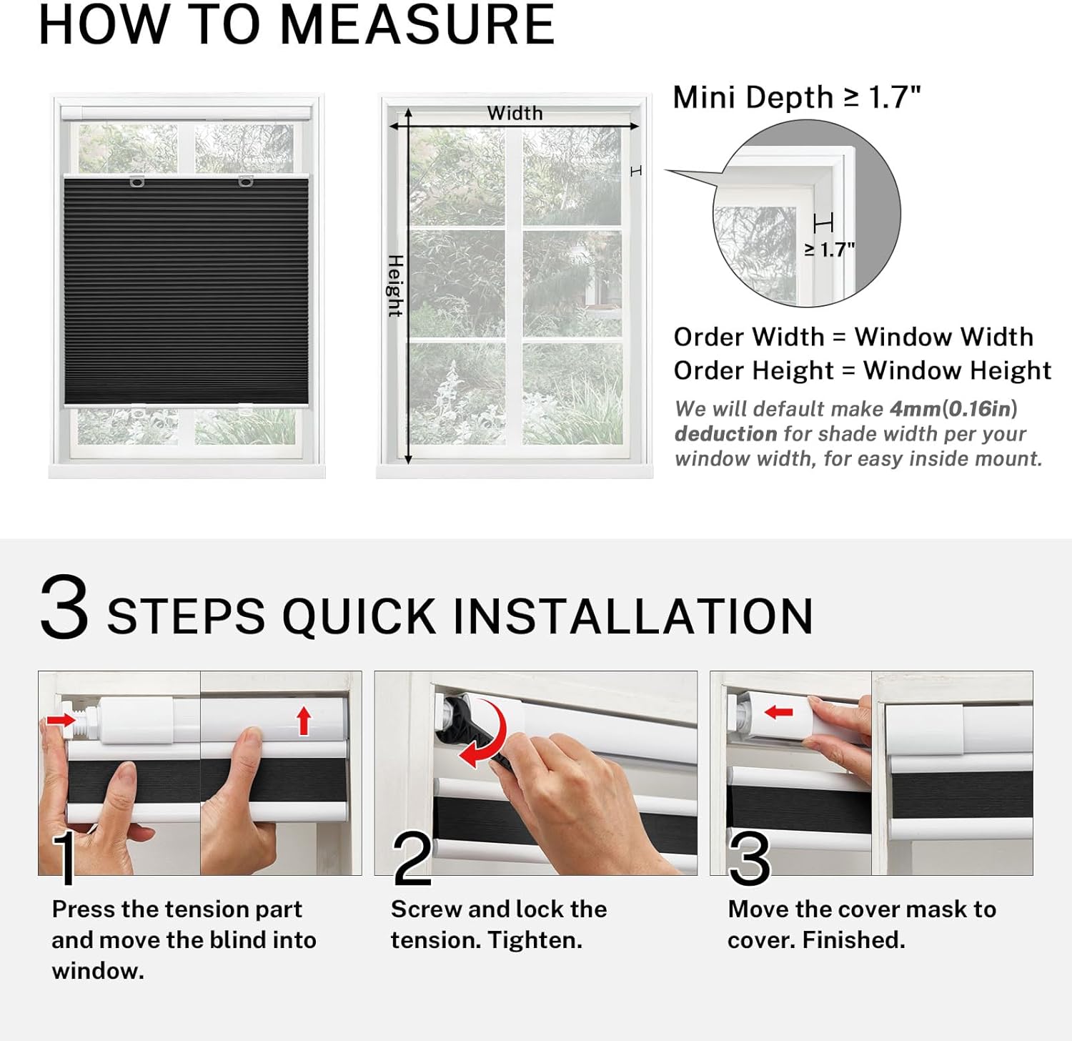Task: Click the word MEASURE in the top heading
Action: [417, 25]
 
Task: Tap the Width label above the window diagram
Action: [515, 113]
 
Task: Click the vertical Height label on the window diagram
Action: [395, 285]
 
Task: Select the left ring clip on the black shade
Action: [137, 182]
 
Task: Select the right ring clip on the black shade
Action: [245, 181]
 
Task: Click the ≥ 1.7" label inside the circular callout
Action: [829, 250]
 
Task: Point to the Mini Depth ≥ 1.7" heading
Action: [796, 97]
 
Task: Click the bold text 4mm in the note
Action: [915, 409]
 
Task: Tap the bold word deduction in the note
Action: [725, 434]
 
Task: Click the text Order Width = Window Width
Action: [853, 337]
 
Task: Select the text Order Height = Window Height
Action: [862, 370]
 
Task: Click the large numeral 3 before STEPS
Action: [64, 608]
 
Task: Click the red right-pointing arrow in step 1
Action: [61, 719]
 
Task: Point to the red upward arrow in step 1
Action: [304, 721]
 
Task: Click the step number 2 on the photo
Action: [412, 859]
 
